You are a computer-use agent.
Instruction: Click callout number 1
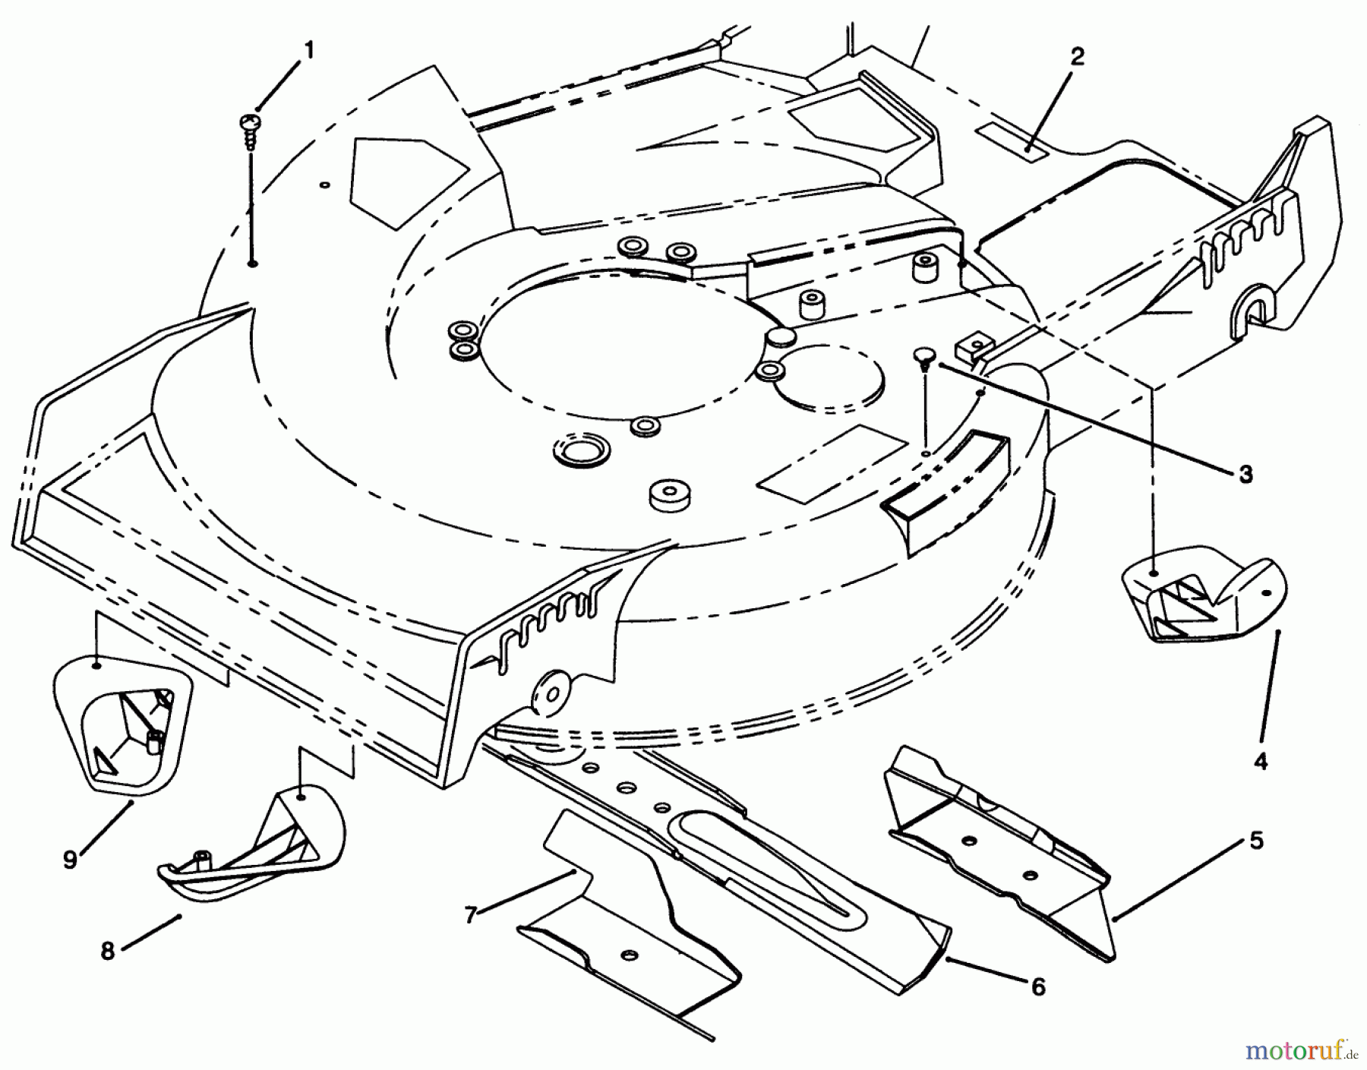tap(308, 51)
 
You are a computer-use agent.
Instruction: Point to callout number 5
tap(1256, 841)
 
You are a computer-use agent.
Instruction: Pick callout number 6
tap(1037, 986)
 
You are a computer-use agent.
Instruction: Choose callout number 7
tap(470, 916)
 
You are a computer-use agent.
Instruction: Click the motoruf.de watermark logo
tap(1298, 1052)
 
